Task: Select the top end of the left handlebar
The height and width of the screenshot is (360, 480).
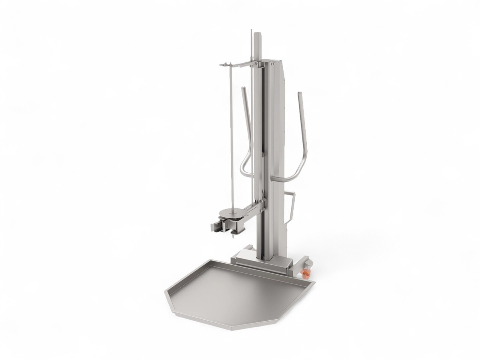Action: tap(243, 88)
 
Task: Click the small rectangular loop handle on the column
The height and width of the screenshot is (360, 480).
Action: tap(291, 206)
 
